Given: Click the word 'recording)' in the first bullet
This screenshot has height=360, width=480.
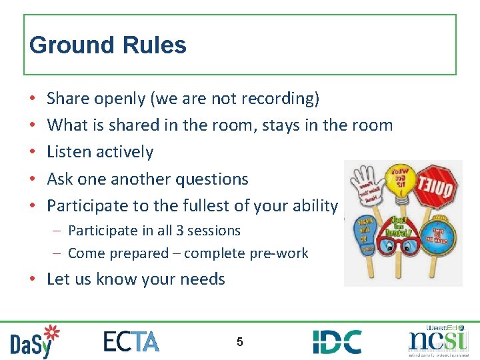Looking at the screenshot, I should point(281,99).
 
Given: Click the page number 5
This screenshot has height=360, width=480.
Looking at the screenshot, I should point(239,342).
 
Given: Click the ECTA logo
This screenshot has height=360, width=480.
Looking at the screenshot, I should point(131,341).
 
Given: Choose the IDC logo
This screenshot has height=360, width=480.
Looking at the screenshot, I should point(337,341).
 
